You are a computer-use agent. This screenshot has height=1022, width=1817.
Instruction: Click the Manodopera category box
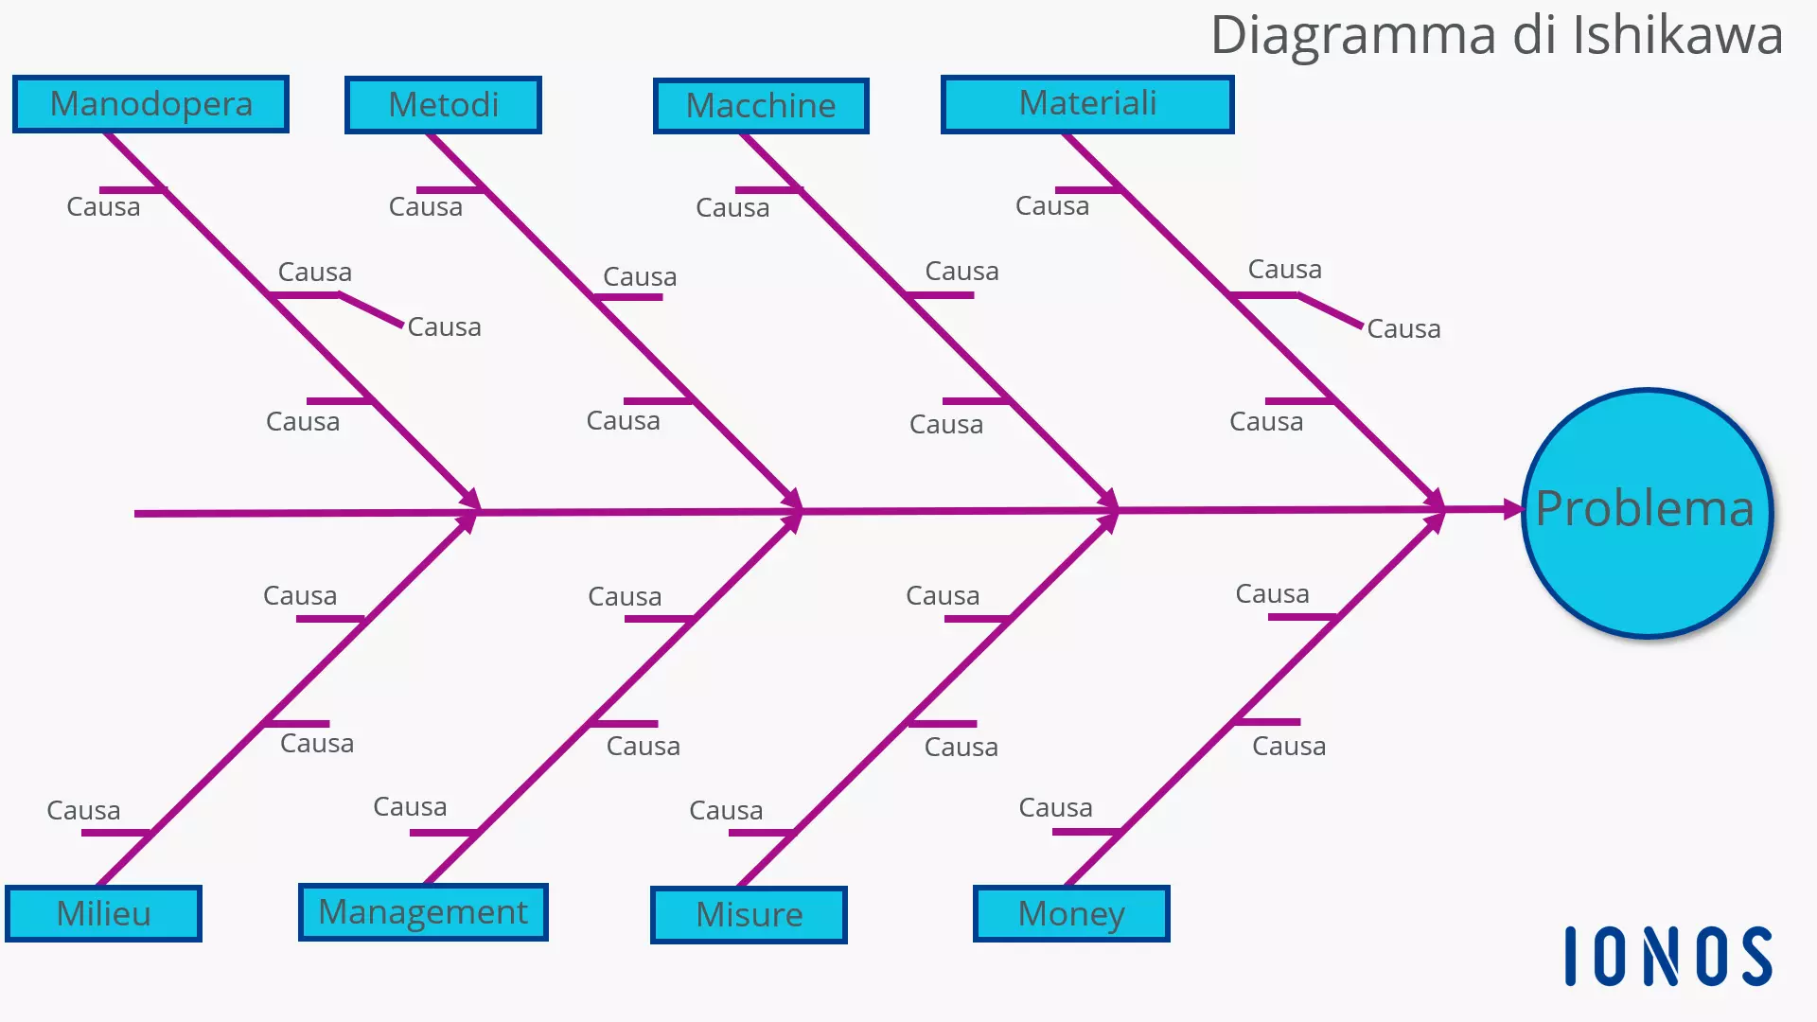coord(150,104)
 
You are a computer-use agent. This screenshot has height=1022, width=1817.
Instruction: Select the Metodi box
coord(443,105)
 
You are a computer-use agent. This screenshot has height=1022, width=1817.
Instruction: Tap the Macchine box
coord(761,106)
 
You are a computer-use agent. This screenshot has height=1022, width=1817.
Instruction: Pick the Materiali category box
coord(1087,104)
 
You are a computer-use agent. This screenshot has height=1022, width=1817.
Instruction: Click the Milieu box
coord(103,914)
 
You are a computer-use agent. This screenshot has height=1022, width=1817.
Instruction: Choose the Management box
coord(423,912)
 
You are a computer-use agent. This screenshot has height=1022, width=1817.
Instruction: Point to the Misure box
coord(749,915)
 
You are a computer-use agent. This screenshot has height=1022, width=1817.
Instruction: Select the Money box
coord(1071,914)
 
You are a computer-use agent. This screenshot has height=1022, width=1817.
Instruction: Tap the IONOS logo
coord(1667,957)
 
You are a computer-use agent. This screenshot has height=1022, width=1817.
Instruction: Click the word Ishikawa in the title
coord(1677,36)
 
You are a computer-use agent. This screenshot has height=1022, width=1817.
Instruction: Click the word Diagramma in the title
coord(1354,36)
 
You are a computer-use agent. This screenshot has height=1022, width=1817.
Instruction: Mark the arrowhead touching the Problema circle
coord(1510,509)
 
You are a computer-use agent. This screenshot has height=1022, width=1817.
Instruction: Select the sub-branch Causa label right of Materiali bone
coord(1403,329)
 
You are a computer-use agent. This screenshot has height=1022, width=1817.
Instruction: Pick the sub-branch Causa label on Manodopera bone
coord(444,327)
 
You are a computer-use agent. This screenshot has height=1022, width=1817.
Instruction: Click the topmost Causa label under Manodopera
coord(103,207)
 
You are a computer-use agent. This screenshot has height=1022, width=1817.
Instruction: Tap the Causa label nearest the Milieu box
coord(83,811)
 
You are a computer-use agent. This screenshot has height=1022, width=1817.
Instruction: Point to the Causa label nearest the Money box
coord(1055,808)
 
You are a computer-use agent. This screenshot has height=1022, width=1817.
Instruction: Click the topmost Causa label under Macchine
coord(732,208)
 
